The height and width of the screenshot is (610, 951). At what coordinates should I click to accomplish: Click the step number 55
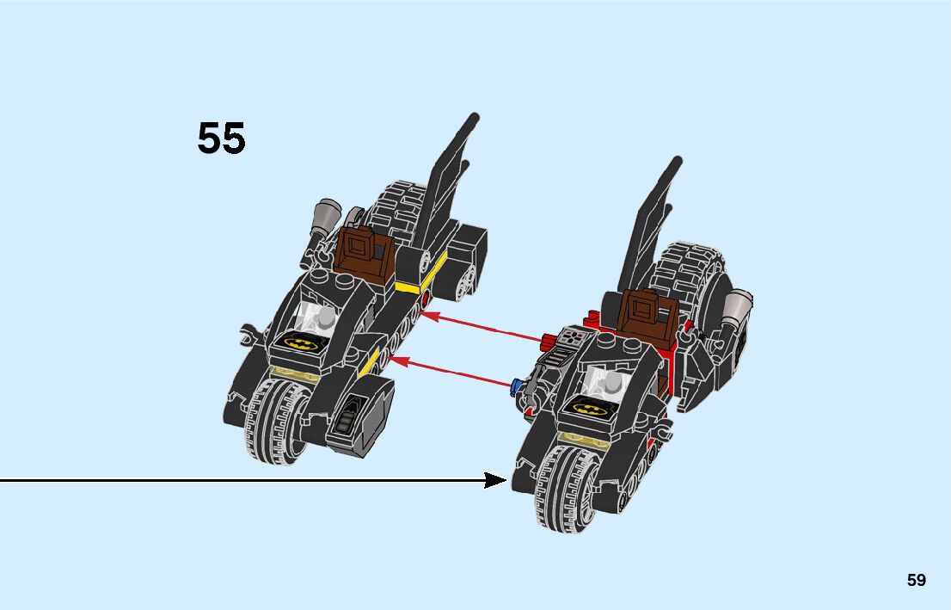coord(221,139)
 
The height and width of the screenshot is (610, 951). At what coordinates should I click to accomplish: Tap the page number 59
coord(916,580)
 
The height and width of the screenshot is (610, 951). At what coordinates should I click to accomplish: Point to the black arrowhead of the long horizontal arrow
coord(496,480)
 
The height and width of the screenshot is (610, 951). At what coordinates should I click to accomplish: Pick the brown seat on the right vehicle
coord(645,317)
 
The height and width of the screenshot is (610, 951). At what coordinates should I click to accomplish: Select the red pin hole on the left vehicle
coord(426,298)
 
